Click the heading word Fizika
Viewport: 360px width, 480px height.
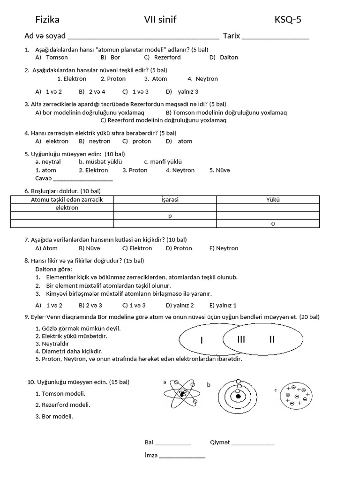[47, 20]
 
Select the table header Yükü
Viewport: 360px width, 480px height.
[272, 200]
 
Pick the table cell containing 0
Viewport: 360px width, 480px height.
[273, 224]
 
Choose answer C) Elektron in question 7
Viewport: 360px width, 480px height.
[137, 248]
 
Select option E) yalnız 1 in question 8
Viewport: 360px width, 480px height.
[223, 305]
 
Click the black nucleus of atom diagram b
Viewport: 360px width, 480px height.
[239, 396]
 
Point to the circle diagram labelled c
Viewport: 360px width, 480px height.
[296, 396]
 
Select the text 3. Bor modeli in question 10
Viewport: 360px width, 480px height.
[54, 416]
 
